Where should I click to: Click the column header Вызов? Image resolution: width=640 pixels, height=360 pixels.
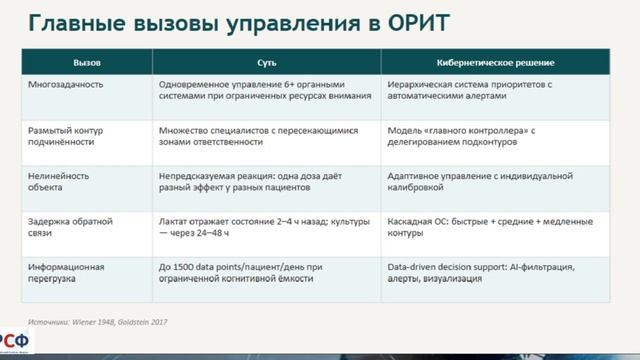pyautogui.click(x=87, y=63)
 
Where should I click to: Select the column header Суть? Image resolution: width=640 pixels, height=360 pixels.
pyautogui.click(x=266, y=63)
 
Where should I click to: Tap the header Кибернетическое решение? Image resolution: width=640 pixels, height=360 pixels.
pyautogui.click(x=496, y=63)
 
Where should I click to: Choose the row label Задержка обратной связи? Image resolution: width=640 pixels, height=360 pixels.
pyautogui.click(x=70, y=226)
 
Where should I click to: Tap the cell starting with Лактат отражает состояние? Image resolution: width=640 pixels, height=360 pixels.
pyautogui.click(x=264, y=226)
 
